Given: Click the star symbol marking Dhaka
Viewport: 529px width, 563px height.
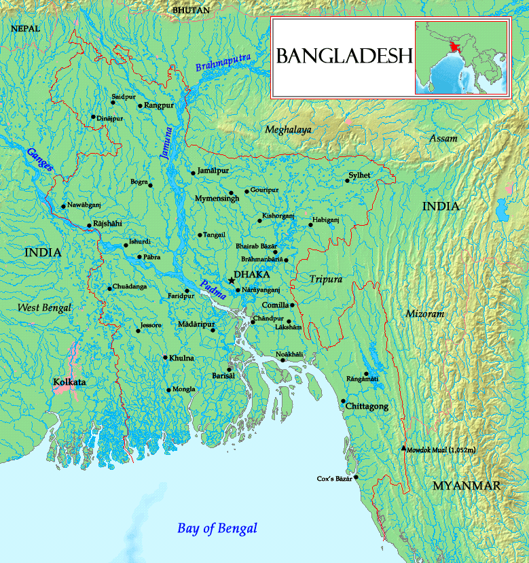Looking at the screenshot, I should [232, 280].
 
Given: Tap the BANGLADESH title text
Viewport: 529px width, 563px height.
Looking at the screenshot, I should [344, 56].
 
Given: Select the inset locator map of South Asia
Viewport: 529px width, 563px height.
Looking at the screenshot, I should [460, 57].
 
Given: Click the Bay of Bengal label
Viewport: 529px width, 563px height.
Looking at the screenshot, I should [217, 528].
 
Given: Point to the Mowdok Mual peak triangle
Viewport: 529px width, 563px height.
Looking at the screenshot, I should [404, 448].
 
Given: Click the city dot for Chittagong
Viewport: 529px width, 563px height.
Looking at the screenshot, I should [344, 401].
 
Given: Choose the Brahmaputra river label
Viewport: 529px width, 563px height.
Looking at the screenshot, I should [223, 62].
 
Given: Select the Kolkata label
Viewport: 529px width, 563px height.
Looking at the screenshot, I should [69, 383].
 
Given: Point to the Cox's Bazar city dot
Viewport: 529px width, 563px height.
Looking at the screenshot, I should [356, 477].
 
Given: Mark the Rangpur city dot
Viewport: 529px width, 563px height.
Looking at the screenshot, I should [140, 106].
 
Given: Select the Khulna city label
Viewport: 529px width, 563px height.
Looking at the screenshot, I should [182, 358].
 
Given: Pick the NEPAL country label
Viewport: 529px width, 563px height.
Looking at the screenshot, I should [26, 29].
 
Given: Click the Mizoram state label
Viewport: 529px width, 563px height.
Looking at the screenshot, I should [424, 314].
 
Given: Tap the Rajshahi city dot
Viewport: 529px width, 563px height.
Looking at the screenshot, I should [89, 226].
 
